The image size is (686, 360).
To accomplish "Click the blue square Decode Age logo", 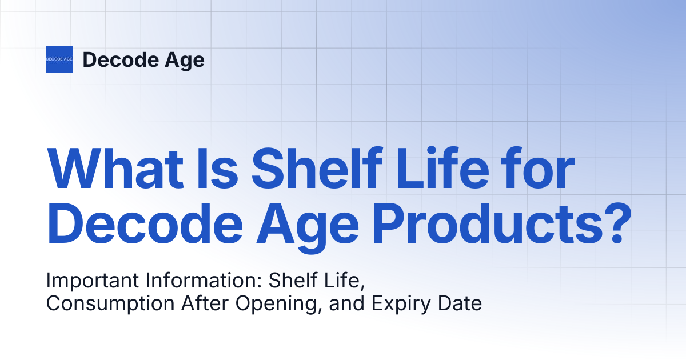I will coord(59,59).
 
